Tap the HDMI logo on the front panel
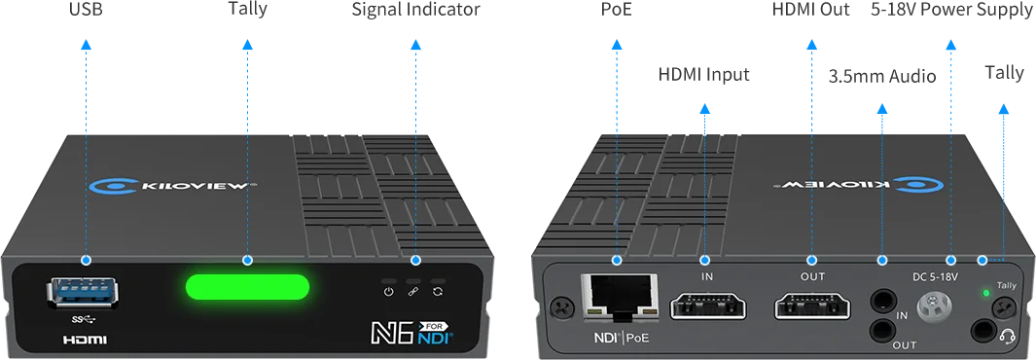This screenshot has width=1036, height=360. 85,341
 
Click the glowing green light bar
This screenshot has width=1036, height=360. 248,288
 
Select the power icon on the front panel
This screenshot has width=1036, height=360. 388,291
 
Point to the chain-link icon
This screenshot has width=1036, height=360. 413,291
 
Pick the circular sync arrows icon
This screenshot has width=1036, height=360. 439,291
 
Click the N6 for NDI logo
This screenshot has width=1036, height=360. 413,332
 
